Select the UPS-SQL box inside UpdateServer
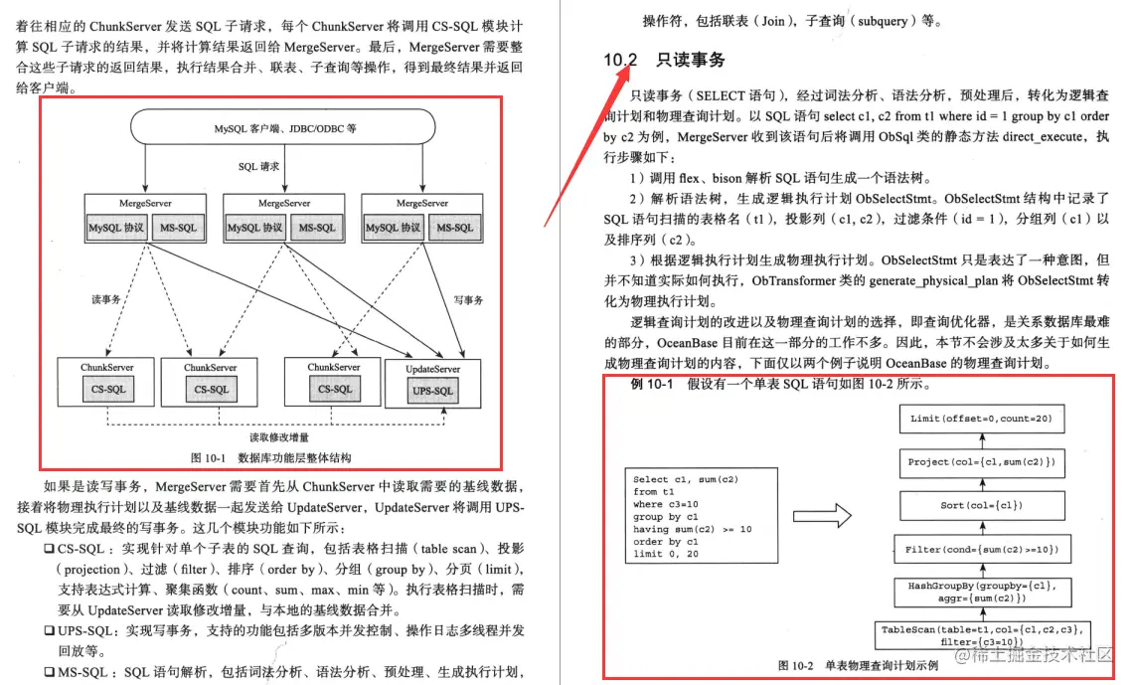tap(432, 391)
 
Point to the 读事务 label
tap(104, 298)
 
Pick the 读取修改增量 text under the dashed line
tap(279, 436)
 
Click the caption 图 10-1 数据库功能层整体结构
tap(270, 458)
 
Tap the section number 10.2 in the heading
tap(620, 61)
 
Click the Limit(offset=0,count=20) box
tap(980, 419)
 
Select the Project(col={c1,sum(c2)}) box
tap(981, 462)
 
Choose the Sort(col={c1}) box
tap(981, 505)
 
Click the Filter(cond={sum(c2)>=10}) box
tap(981, 549)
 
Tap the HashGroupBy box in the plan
tap(981, 593)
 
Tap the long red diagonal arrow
tap(586, 138)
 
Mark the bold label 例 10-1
tap(652, 385)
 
